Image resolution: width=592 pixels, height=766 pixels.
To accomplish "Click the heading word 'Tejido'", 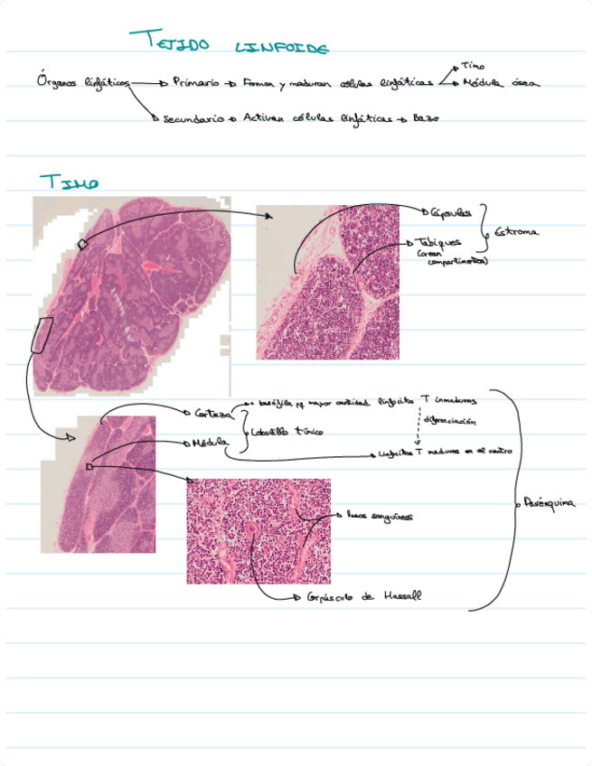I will [x=169, y=41].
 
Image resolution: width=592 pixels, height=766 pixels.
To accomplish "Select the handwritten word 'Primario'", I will [x=195, y=82].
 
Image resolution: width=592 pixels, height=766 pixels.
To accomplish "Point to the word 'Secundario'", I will [x=193, y=118].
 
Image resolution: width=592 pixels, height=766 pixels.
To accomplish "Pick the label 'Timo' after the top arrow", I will [x=472, y=66].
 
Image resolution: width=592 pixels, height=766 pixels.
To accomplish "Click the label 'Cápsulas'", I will [x=450, y=213].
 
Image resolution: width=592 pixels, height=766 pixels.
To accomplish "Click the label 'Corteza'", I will [x=212, y=413].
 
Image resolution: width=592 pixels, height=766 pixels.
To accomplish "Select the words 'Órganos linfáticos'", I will [x=83, y=82].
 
